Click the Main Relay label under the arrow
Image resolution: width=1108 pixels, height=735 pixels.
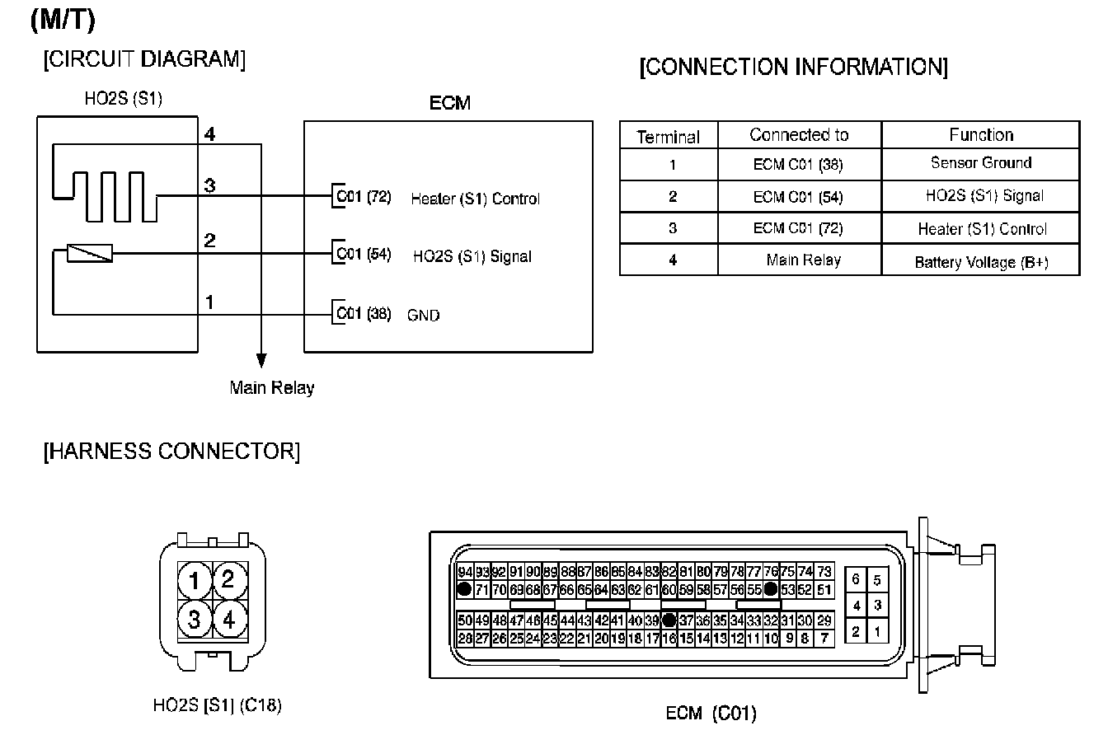click(x=271, y=387)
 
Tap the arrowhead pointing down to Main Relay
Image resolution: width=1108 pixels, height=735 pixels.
click(x=261, y=360)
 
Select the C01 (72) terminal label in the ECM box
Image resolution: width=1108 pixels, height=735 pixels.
click(x=363, y=198)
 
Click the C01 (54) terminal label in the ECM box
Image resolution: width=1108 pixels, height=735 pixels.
click(x=363, y=254)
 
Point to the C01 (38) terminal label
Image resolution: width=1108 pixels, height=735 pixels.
click(x=363, y=314)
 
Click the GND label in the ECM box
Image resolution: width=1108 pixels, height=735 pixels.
click(x=423, y=316)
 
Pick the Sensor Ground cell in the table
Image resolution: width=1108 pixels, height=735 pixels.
click(x=980, y=163)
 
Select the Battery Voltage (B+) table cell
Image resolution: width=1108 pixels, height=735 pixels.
click(x=980, y=262)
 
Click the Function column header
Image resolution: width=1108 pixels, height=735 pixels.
click(x=980, y=134)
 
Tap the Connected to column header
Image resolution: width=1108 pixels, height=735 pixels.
click(x=799, y=134)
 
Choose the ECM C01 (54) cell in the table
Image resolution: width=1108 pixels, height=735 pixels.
click(x=798, y=196)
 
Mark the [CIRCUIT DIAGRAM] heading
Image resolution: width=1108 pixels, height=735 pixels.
click(x=144, y=60)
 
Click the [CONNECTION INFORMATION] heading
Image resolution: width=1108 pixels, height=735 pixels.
click(x=793, y=67)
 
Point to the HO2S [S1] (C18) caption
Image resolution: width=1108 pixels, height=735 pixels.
click(x=217, y=705)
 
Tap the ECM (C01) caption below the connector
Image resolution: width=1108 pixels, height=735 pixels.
click(x=710, y=713)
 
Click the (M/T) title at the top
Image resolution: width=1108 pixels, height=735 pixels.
click(x=62, y=21)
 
